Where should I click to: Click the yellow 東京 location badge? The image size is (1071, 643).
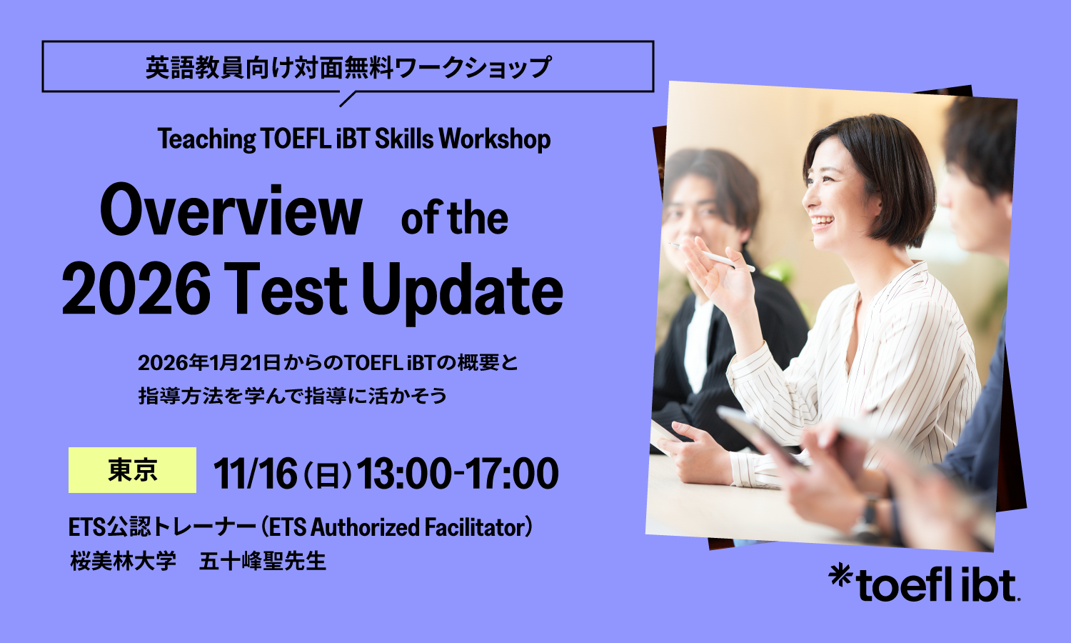tap(132, 470)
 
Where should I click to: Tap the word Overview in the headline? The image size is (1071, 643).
tap(231, 210)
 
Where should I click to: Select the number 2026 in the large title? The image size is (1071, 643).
tap(136, 289)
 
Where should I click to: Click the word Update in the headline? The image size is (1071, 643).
tap(462, 293)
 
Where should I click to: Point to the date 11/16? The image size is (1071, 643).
tap(255, 473)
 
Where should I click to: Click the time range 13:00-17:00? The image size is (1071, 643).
tap(458, 473)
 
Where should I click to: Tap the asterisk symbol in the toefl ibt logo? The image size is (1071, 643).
tap(840, 575)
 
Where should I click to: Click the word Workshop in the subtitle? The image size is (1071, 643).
tap(494, 139)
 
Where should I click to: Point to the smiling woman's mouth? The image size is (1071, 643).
tap(821, 221)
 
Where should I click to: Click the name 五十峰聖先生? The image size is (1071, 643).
tap(263, 561)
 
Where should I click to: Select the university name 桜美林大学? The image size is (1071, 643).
tap(123, 561)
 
